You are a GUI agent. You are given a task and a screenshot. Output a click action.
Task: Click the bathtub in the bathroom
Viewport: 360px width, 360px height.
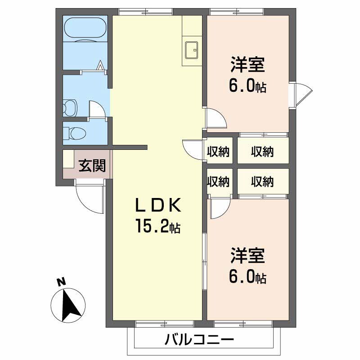[x=85, y=31]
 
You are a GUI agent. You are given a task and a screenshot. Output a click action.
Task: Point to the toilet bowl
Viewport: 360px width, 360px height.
[x=75, y=133]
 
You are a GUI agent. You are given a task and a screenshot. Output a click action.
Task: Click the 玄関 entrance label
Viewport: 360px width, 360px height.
[x=92, y=166]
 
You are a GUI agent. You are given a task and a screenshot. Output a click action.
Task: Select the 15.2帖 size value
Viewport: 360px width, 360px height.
[x=158, y=226]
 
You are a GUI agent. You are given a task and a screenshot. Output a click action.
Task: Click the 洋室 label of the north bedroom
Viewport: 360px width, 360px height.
[x=247, y=64]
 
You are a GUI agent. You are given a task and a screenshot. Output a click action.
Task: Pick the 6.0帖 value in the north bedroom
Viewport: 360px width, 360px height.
[x=247, y=85]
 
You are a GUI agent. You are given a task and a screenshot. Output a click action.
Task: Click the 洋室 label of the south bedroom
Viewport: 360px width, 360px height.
[x=247, y=256]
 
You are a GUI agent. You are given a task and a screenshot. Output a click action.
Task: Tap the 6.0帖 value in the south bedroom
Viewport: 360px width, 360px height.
[x=247, y=277]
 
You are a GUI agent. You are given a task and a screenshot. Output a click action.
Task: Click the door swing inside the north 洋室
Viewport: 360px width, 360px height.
[x=215, y=118]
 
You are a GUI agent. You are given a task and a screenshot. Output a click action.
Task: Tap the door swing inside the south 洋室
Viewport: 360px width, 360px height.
[x=220, y=209]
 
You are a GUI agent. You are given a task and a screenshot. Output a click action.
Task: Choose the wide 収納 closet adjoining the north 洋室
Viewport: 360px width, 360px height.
[x=262, y=152]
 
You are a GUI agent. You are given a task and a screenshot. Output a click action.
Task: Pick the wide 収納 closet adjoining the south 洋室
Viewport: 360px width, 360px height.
[x=262, y=181]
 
